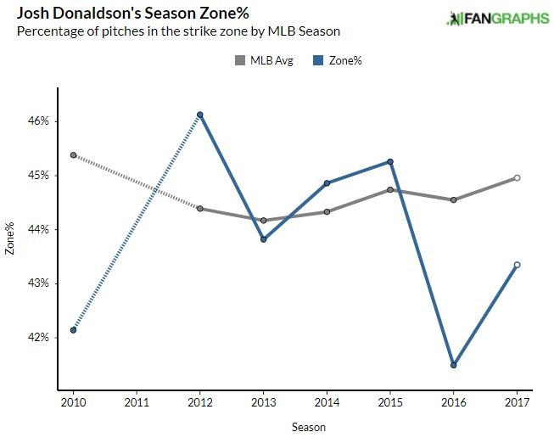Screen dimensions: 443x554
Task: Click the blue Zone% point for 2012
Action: (199, 115)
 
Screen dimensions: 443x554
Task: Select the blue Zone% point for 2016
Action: (454, 365)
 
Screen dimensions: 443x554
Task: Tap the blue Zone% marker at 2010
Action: (74, 330)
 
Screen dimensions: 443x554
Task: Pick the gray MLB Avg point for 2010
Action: (74, 155)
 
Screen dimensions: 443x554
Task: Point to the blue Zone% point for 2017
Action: (517, 265)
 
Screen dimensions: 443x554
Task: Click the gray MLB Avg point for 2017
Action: (517, 178)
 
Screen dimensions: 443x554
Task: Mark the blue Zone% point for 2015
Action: (390, 161)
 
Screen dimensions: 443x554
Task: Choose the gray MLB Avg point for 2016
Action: (454, 200)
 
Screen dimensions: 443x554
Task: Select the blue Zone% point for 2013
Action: (263, 239)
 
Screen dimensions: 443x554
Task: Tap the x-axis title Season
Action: (308, 427)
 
